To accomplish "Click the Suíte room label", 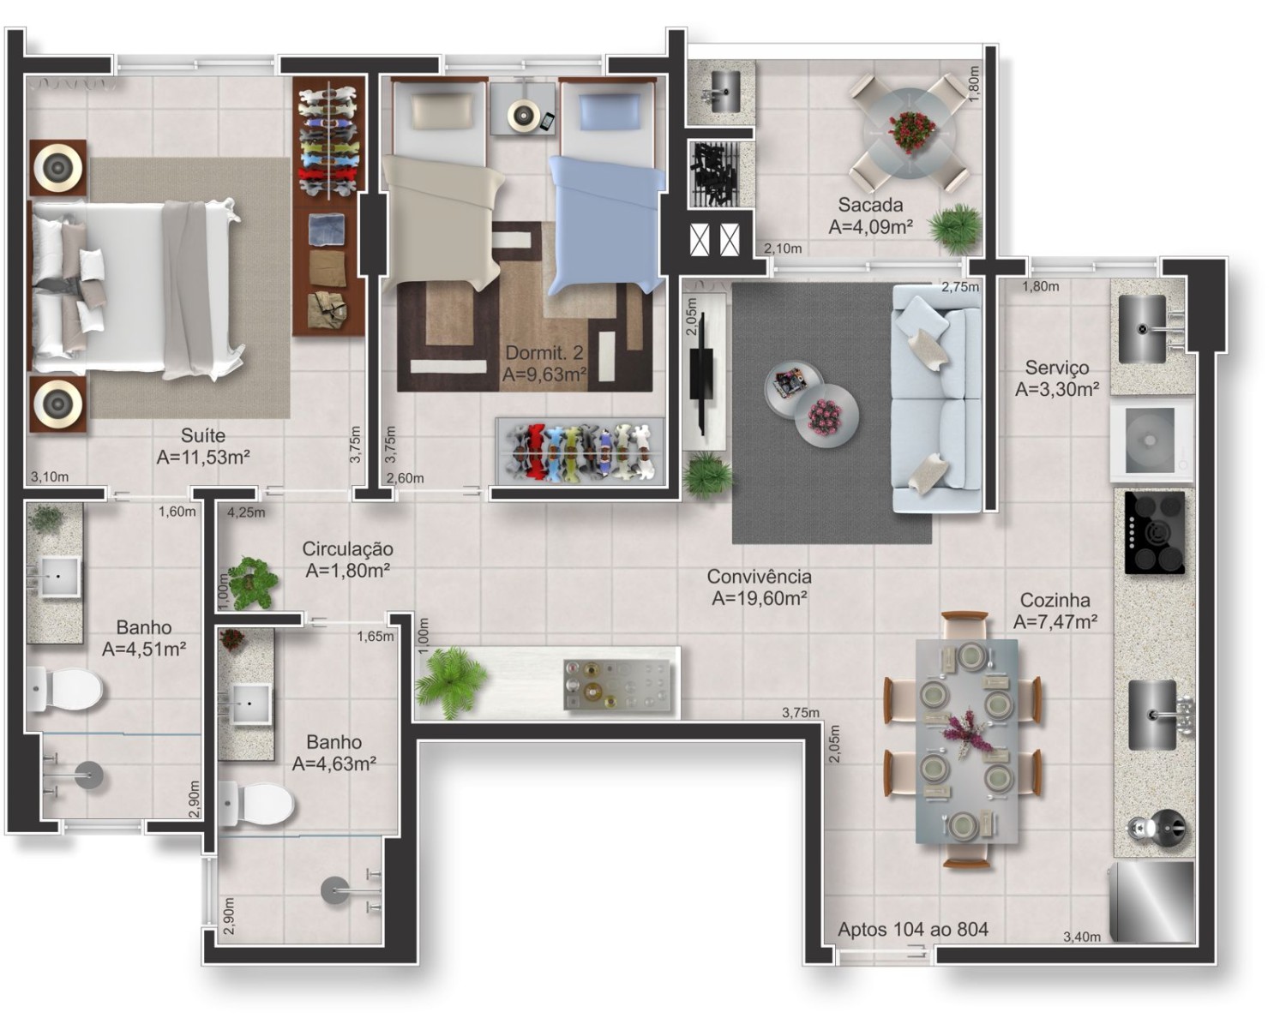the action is pos(202,435).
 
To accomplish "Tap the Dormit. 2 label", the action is pos(544,352).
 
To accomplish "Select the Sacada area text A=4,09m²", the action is pos(870,227).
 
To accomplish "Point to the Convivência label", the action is pos(759,577).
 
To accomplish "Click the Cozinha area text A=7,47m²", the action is pos(1055,622).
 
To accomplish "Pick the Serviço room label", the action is pos(1056,367).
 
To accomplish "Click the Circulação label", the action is pos(347,548).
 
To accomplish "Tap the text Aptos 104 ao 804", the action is pos(912,929).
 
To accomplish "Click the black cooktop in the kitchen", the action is pos(1154,533).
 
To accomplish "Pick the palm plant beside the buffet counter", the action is pos(449,681).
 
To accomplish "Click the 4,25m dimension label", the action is pos(245,512).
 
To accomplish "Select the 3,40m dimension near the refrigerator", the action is pos(1081,937).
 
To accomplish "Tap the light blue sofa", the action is pos(935,398).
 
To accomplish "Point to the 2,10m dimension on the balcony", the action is pos(782,249).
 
